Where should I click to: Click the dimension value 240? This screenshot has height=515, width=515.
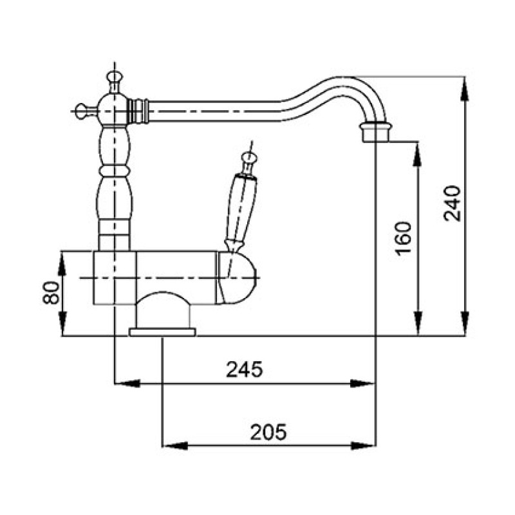coord(453,203)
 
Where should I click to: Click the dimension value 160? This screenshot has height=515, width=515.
coord(403,238)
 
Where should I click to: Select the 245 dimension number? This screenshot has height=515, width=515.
coord(245,369)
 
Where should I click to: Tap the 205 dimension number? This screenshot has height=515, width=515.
coord(268,432)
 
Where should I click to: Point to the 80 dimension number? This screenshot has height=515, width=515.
coord(51,293)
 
